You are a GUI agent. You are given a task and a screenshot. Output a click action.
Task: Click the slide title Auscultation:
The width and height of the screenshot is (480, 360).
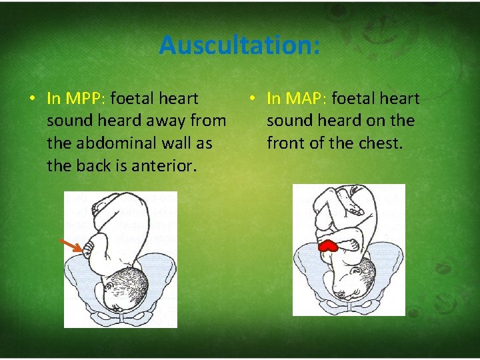click(239, 45)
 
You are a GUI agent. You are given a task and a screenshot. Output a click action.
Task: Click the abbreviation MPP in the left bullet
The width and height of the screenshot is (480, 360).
click(84, 99)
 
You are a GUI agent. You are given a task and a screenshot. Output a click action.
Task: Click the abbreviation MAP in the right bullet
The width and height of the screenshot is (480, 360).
click(304, 99)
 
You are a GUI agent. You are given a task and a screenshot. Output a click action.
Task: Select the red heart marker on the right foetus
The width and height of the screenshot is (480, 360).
click(329, 246)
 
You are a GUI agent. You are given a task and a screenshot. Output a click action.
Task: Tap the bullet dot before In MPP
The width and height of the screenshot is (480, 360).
click(32, 99)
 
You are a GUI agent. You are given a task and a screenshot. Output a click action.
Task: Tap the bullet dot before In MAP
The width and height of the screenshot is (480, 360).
click(252, 99)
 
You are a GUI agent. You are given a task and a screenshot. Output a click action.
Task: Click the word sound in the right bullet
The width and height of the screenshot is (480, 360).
click(289, 121)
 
